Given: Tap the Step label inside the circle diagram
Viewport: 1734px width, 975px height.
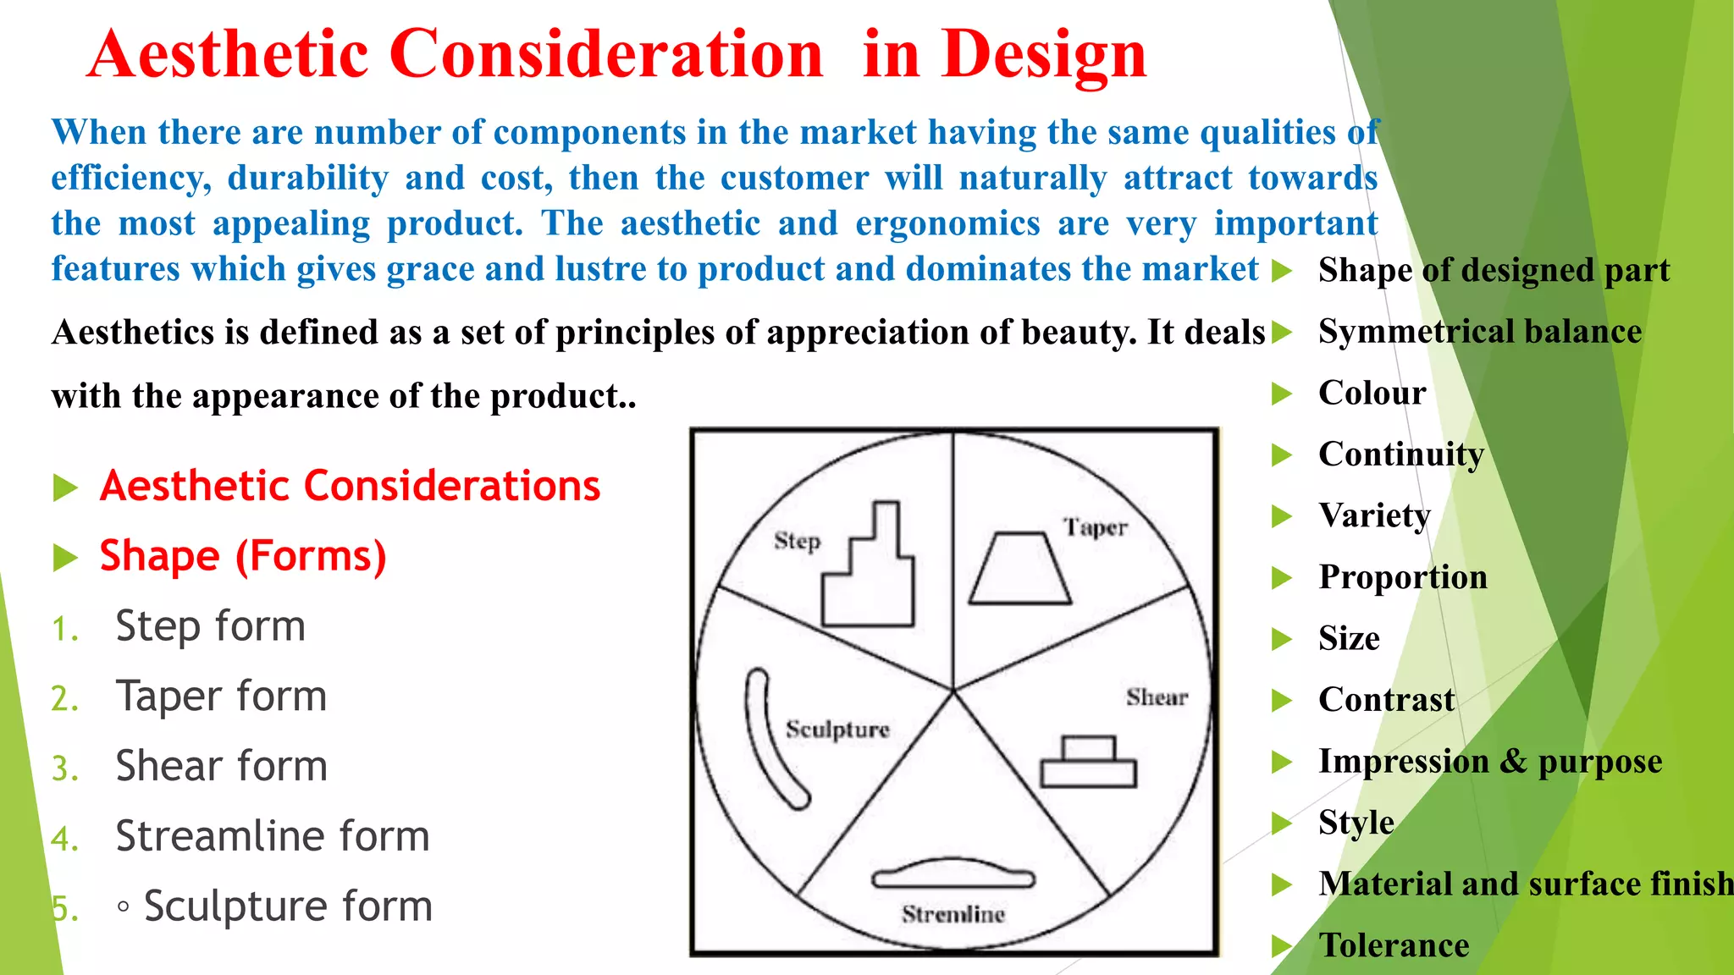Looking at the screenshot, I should coord(798,540).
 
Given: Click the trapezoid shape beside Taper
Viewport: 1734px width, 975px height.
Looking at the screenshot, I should coord(1019,570).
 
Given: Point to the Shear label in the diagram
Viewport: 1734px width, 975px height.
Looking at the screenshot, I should coord(1157,697).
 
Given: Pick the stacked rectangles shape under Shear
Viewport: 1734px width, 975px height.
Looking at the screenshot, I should coord(1088,763).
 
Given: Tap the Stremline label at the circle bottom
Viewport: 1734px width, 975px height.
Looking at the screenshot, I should coord(953,914).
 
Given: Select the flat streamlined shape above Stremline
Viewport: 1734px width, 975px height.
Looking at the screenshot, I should coord(953,875).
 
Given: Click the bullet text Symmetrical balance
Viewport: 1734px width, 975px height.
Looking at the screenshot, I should coord(1479,332).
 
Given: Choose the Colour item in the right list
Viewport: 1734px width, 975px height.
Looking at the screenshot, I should coord(1372,394).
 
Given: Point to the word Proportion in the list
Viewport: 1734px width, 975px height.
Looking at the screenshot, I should coord(1402,577).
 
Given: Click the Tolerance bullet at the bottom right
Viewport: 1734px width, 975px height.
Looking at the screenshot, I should coord(1394,945).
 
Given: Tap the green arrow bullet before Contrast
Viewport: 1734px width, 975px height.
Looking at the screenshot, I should coord(1282,701).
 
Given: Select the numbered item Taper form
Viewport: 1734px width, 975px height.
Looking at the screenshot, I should coord(221,697).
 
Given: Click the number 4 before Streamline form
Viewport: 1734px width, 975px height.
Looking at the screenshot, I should coord(64,839).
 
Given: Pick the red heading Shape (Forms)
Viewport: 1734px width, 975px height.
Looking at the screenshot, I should coord(243,557).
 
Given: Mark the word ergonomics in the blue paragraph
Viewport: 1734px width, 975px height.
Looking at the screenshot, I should coord(947,223).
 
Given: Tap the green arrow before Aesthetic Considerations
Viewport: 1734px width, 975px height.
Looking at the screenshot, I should coord(65,488).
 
